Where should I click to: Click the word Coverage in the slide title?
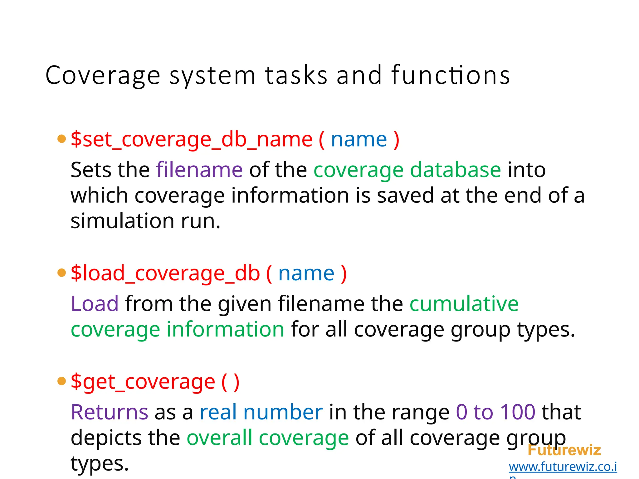tap(103, 75)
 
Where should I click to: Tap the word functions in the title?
tap(451, 75)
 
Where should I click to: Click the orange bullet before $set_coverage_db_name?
tap(62, 139)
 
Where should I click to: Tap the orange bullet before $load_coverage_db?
tap(62, 273)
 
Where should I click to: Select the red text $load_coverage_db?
tap(165, 273)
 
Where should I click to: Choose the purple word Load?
tap(95, 303)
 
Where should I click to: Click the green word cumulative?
tap(464, 303)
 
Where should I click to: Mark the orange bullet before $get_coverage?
tap(62, 381)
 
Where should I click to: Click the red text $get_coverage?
tap(143, 382)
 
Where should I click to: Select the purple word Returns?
tap(109, 412)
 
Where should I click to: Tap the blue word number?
tap(283, 412)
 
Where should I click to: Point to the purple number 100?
tap(518, 412)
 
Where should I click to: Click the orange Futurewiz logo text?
tap(564, 450)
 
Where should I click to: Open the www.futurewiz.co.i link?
tap(563, 467)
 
